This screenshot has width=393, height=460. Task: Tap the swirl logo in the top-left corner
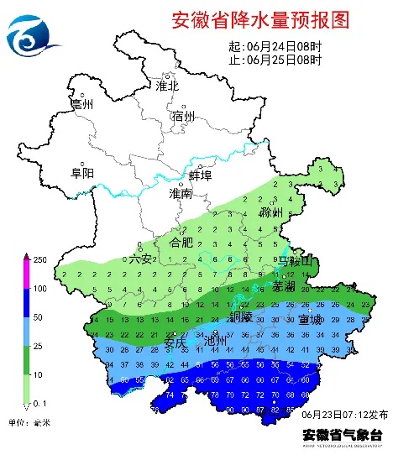pos(33,34)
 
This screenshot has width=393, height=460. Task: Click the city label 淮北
pos(167,86)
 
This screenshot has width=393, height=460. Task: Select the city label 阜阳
pos(82,173)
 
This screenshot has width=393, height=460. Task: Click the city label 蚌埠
pos(200,175)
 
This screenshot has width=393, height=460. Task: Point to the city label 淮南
pos(180,193)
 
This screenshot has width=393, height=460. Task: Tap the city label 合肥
pos(181,242)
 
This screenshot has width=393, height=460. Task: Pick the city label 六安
pos(140,259)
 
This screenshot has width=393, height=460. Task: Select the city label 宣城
pos(308,320)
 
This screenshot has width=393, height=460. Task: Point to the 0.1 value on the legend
pos(40,404)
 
